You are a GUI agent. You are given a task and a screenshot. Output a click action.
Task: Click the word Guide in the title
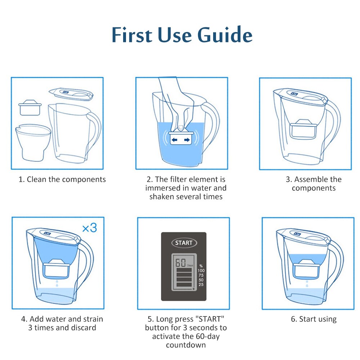[x=225, y=35]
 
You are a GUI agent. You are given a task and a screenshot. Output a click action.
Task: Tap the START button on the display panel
[x=184, y=243]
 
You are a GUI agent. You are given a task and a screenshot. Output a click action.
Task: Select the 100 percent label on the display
[x=201, y=270]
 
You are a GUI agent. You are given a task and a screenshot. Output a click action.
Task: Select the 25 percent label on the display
[x=201, y=285]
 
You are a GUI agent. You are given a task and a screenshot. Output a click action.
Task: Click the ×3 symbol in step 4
[x=89, y=228]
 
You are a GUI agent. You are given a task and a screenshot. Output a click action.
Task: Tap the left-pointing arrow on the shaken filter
[x=175, y=140]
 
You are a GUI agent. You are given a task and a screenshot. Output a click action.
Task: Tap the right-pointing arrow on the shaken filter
[x=187, y=140]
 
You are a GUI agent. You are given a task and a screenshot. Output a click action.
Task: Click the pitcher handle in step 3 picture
[x=333, y=119]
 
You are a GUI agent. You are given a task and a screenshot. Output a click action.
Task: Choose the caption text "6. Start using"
[x=314, y=319]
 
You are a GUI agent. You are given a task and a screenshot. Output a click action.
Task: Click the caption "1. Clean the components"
[x=62, y=179]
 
